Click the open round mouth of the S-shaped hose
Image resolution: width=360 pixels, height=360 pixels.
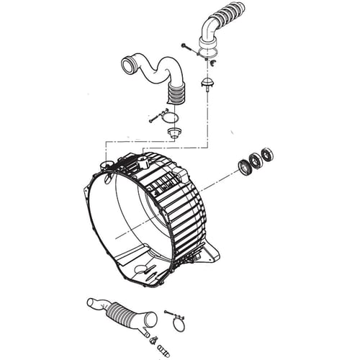tap(130, 66)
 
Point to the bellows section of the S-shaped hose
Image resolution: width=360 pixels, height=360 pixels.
tap(175, 93)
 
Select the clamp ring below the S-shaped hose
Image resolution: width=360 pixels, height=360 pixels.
tap(171, 116)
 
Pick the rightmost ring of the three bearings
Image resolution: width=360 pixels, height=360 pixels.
tap(267, 154)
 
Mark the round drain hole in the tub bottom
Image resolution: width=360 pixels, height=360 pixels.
tap(140, 269)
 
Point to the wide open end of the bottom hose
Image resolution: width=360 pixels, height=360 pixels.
tap(149, 318)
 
